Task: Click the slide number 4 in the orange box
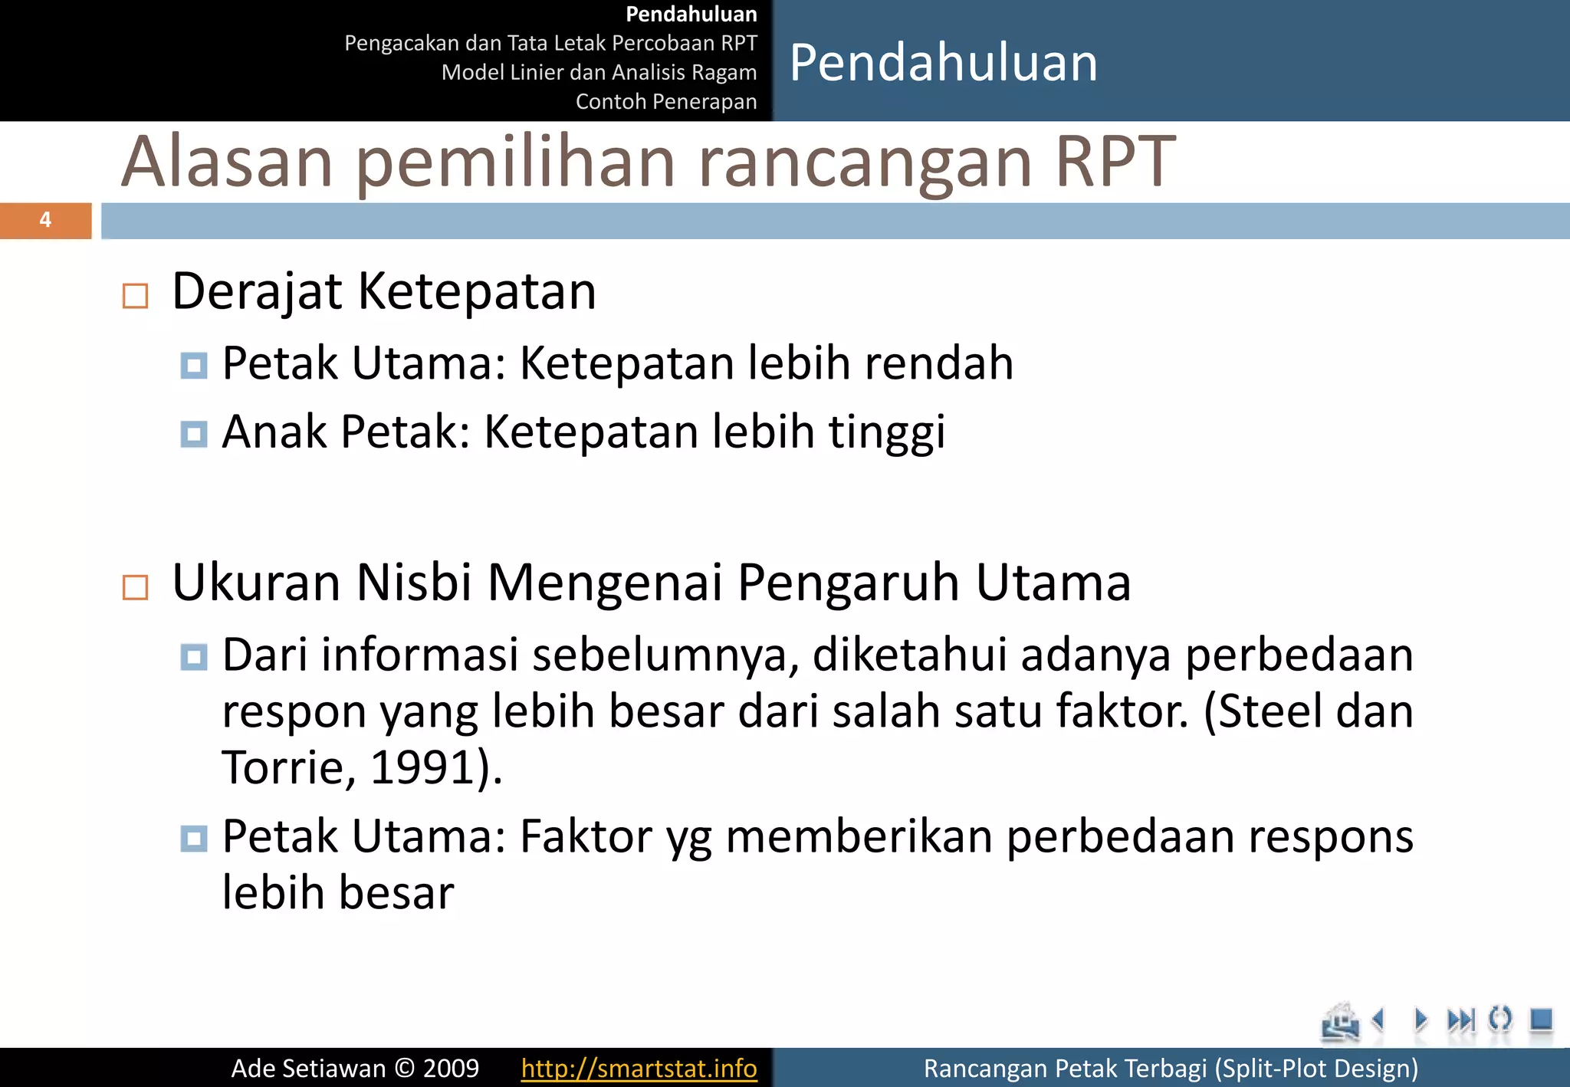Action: [x=45, y=220]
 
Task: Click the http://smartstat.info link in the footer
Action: [x=639, y=1068]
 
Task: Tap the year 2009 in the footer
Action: [x=451, y=1068]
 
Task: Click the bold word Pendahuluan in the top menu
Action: [x=691, y=14]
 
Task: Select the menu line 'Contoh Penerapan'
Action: [x=665, y=101]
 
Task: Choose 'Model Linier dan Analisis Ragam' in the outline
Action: [x=599, y=72]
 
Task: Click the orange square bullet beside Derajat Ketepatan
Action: [x=135, y=295]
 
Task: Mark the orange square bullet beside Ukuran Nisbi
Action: [x=135, y=587]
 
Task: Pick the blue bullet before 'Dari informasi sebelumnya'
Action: [x=193, y=657]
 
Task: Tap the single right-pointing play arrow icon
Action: [x=1421, y=1020]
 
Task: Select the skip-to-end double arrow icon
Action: [x=1460, y=1020]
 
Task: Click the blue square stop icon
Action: [x=1540, y=1020]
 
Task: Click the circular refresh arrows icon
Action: [x=1500, y=1020]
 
